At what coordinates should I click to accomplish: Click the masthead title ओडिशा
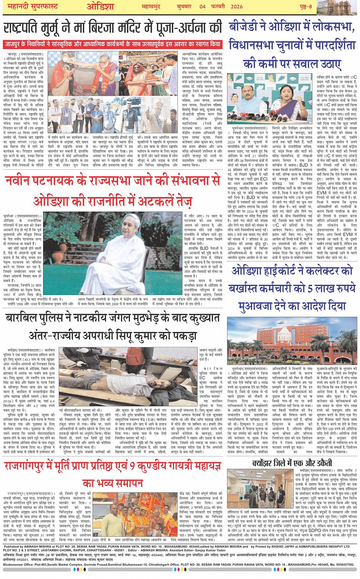tap(100, 6)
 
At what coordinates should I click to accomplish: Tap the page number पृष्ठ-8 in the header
tap(305, 6)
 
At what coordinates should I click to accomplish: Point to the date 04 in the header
tap(202, 6)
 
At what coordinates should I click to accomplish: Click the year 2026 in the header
tap(237, 6)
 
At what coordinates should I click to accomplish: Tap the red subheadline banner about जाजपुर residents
tap(113, 44)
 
